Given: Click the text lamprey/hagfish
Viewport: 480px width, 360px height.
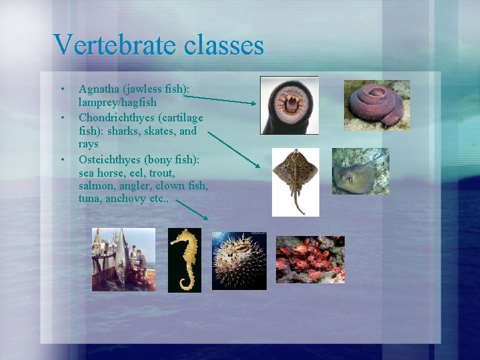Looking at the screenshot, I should (117, 102).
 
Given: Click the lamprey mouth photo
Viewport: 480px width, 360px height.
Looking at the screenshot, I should (289, 105).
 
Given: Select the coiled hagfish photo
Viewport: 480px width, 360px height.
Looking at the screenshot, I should (377, 105).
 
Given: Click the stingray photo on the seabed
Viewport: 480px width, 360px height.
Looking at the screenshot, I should (360, 171).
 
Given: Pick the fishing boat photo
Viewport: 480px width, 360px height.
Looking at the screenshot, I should (123, 259).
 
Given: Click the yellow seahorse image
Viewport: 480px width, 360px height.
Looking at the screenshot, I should (184, 260).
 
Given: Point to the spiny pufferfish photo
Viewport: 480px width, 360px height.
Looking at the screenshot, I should (239, 260).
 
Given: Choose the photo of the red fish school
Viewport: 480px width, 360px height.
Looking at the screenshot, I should (310, 259).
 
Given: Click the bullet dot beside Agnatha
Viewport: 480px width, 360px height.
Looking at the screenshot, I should (62, 89).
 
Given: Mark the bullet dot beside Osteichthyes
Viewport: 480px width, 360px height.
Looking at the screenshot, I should (62, 160).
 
